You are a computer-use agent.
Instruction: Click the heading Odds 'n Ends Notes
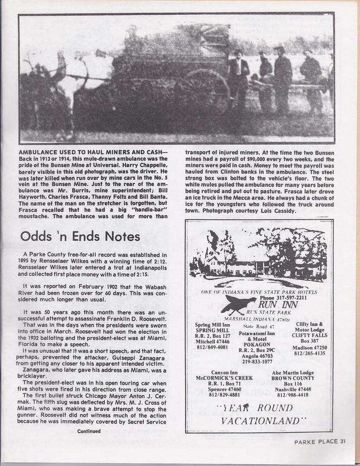pos(80,236)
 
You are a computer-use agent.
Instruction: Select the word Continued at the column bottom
pos(89,431)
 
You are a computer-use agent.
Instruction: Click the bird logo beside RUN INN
pos(239,305)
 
